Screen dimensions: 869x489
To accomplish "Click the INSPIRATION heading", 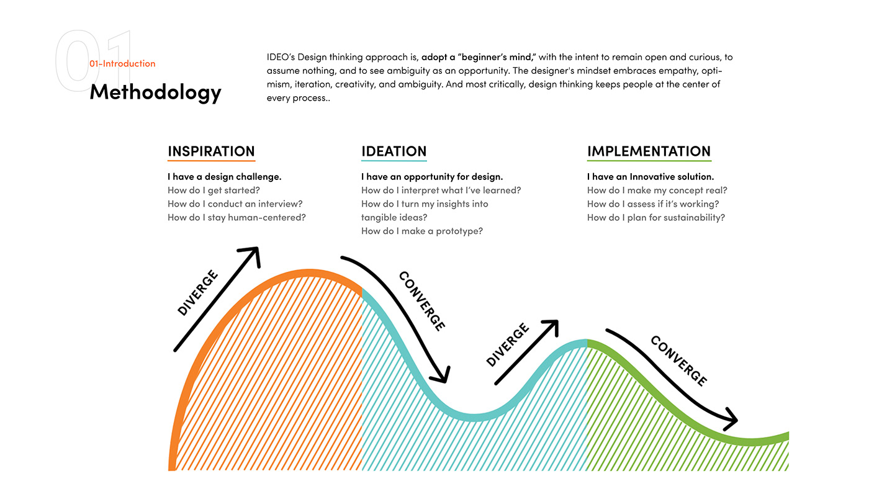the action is (211, 151).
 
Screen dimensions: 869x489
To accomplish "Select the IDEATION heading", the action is (394, 151).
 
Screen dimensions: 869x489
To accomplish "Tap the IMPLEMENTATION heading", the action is (649, 151).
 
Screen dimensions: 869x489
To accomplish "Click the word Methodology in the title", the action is (155, 92).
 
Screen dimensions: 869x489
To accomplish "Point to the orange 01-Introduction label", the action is (122, 63).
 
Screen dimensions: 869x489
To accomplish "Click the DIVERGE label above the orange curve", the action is (198, 293).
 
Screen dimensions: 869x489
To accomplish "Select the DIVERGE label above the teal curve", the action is (508, 344).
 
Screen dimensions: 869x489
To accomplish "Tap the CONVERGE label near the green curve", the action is (678, 361).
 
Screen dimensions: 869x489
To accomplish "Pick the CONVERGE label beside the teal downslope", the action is (422, 301).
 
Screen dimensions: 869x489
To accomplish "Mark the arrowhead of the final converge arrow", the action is (731, 420).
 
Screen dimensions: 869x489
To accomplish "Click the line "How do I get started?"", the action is (214, 191).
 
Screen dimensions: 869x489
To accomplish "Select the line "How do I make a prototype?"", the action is (421, 231).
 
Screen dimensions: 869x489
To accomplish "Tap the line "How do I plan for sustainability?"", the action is (655, 218).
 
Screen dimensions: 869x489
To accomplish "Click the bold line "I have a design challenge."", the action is (224, 177).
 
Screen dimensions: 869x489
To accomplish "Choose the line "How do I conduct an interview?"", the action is (235, 204).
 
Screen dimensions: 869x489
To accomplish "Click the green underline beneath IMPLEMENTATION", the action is (649, 161).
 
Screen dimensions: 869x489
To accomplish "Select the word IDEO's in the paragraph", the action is (281, 57).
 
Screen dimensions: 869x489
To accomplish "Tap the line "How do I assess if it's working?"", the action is (653, 204).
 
